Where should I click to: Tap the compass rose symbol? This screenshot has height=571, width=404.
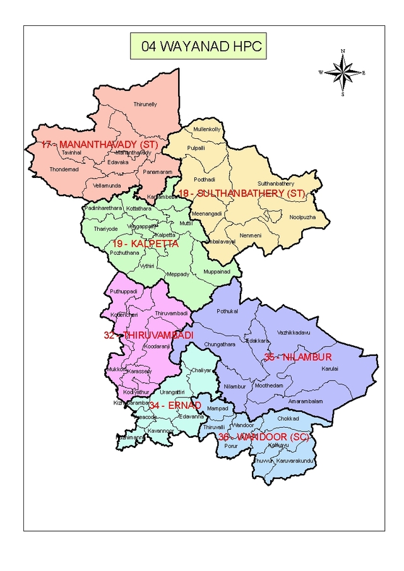coord(342,73)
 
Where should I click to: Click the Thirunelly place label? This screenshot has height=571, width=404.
coord(145,104)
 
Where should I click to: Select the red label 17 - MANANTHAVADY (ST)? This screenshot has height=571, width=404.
coord(99,145)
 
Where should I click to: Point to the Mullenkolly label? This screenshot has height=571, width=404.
coord(207,129)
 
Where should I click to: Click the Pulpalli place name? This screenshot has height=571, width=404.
coord(196,148)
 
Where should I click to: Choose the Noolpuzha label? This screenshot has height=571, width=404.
coord(302,217)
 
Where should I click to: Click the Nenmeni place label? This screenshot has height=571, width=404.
coord(251,235)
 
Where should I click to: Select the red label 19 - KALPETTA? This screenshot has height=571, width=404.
coord(146,244)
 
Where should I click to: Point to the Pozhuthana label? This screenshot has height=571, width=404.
coord(124,252)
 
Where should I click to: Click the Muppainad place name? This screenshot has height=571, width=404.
coord(217,271)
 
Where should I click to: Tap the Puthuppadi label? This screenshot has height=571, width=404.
coord(123,291)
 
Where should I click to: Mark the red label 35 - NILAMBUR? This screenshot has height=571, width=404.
coord(289,357)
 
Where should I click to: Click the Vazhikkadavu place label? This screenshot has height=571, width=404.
coord(294,332)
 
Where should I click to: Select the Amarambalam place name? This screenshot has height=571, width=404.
coord(306,401)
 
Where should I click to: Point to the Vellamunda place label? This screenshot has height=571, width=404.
coord(107,185)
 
